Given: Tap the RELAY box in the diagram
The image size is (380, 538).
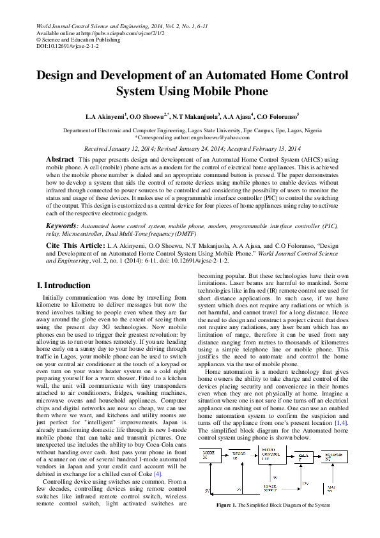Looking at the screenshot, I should (305, 457).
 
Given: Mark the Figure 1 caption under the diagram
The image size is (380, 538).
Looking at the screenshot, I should (273, 505).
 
